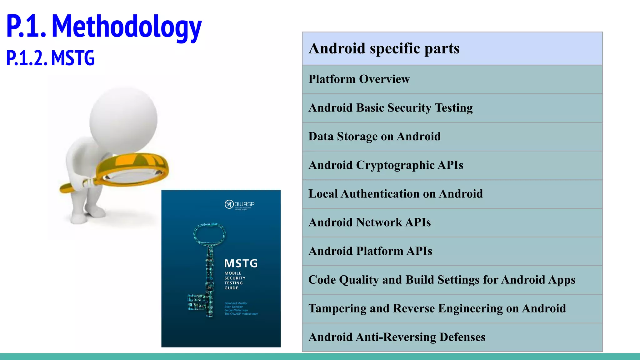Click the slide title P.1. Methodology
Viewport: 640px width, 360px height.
[104, 27]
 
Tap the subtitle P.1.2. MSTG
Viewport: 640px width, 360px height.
[50, 58]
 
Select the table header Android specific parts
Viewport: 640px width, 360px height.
[384, 48]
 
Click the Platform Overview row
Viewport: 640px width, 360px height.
[359, 79]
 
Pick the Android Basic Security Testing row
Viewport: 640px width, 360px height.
[390, 108]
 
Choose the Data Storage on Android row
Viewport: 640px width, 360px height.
[374, 137]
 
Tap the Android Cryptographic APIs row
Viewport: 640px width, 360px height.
[386, 165]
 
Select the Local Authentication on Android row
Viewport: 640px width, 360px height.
[395, 194]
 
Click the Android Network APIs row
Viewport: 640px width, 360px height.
[369, 222]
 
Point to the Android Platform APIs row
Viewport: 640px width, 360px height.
[370, 251]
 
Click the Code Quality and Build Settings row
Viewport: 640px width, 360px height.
[442, 280]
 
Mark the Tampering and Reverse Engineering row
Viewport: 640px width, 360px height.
[437, 308]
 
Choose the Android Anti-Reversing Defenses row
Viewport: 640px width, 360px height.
[397, 337]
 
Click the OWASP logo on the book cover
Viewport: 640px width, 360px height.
[240, 205]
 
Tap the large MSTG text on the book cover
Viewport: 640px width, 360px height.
[241, 263]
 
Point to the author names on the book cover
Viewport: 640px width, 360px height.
[241, 308]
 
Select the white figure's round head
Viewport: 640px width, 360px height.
[123, 120]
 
